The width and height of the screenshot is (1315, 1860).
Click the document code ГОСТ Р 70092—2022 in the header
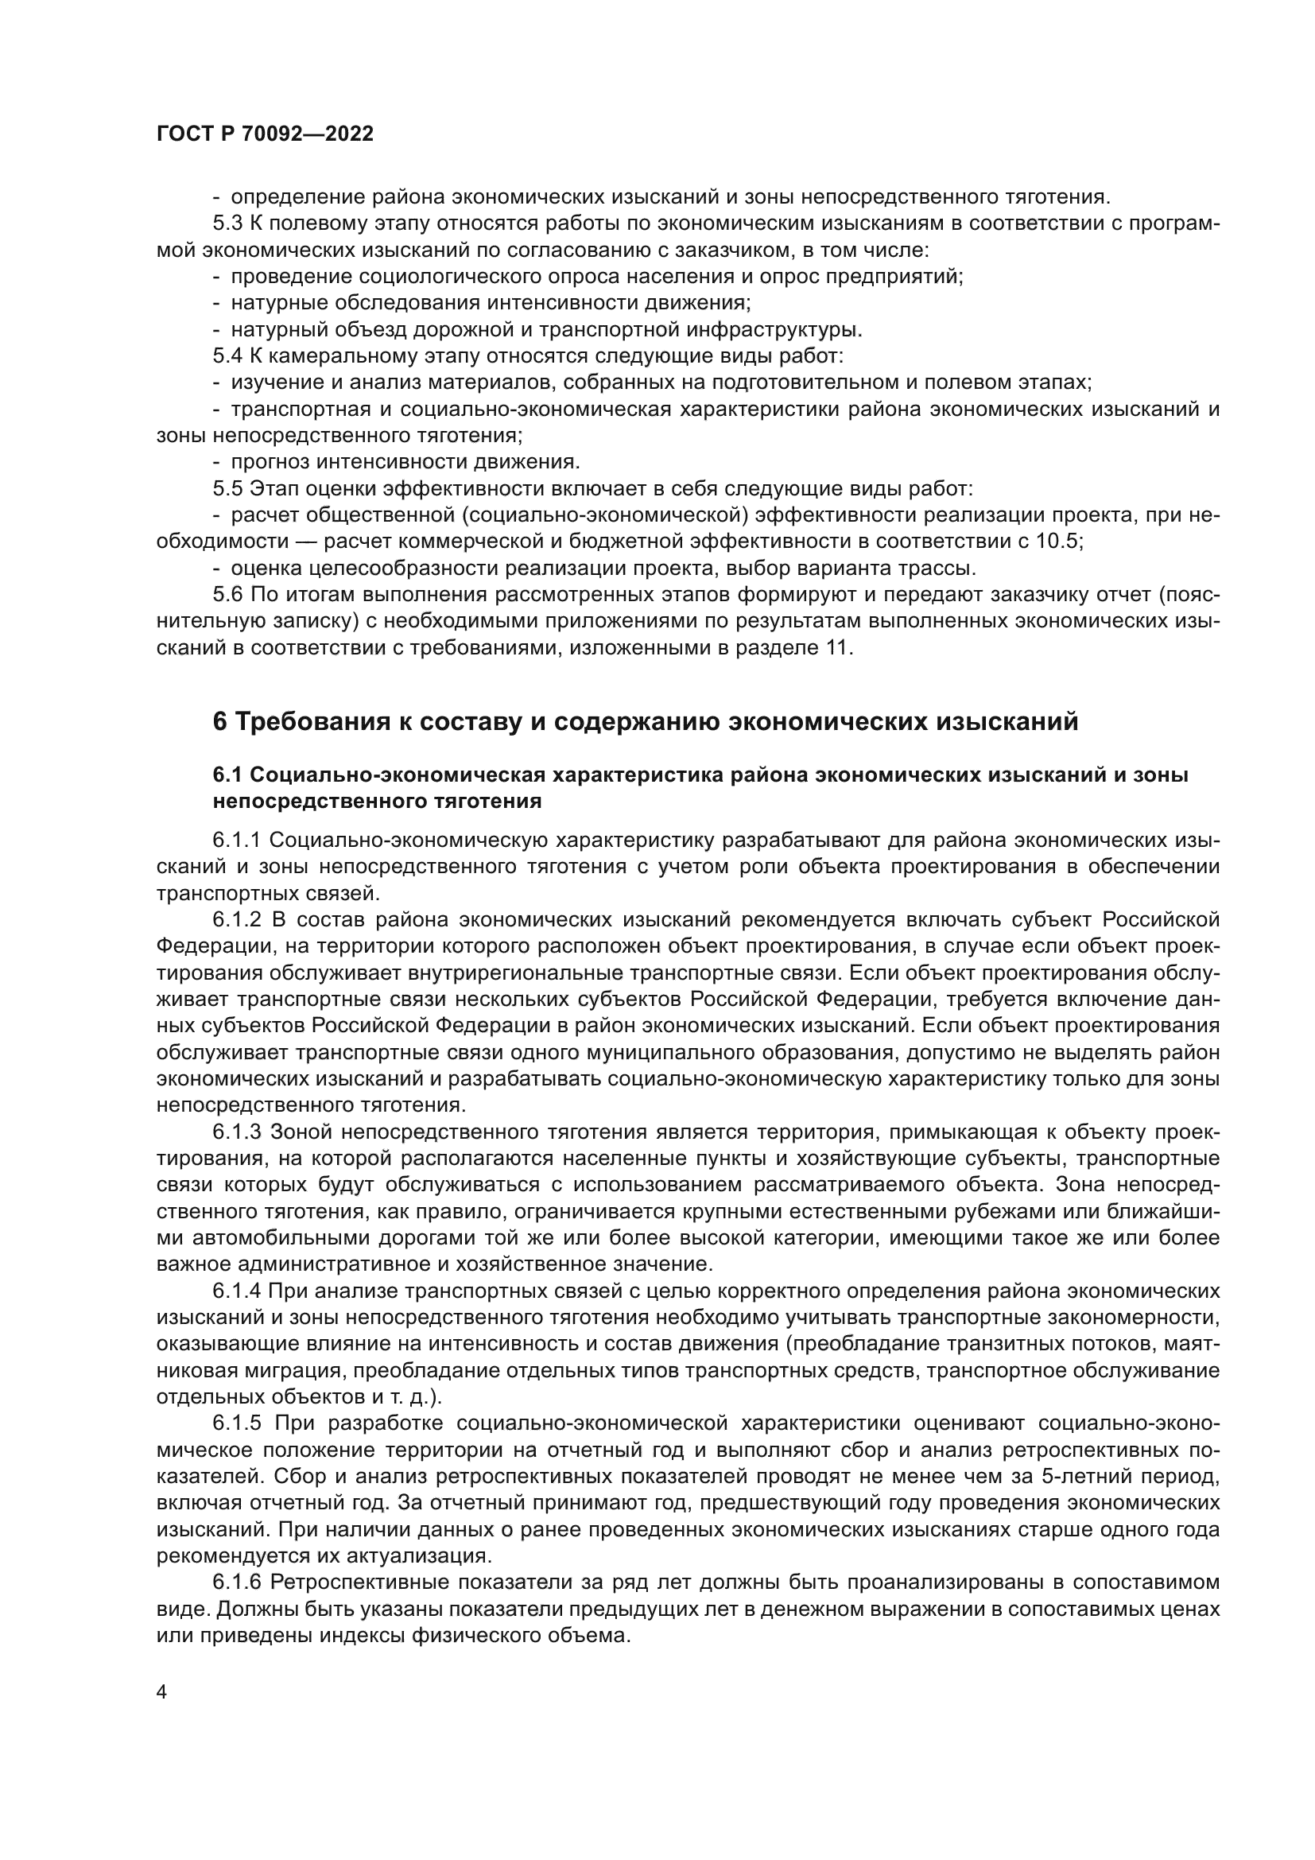[265, 134]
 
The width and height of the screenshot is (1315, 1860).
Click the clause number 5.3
[227, 223]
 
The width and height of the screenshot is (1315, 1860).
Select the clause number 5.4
[227, 355]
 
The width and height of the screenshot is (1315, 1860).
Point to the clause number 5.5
[227, 488]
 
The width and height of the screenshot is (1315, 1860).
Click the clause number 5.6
[227, 595]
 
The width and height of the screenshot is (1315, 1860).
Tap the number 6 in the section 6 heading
[219, 721]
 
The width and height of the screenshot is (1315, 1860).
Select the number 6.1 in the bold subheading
[227, 775]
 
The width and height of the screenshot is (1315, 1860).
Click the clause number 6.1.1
[237, 840]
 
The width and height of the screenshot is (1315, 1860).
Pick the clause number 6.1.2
[237, 919]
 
